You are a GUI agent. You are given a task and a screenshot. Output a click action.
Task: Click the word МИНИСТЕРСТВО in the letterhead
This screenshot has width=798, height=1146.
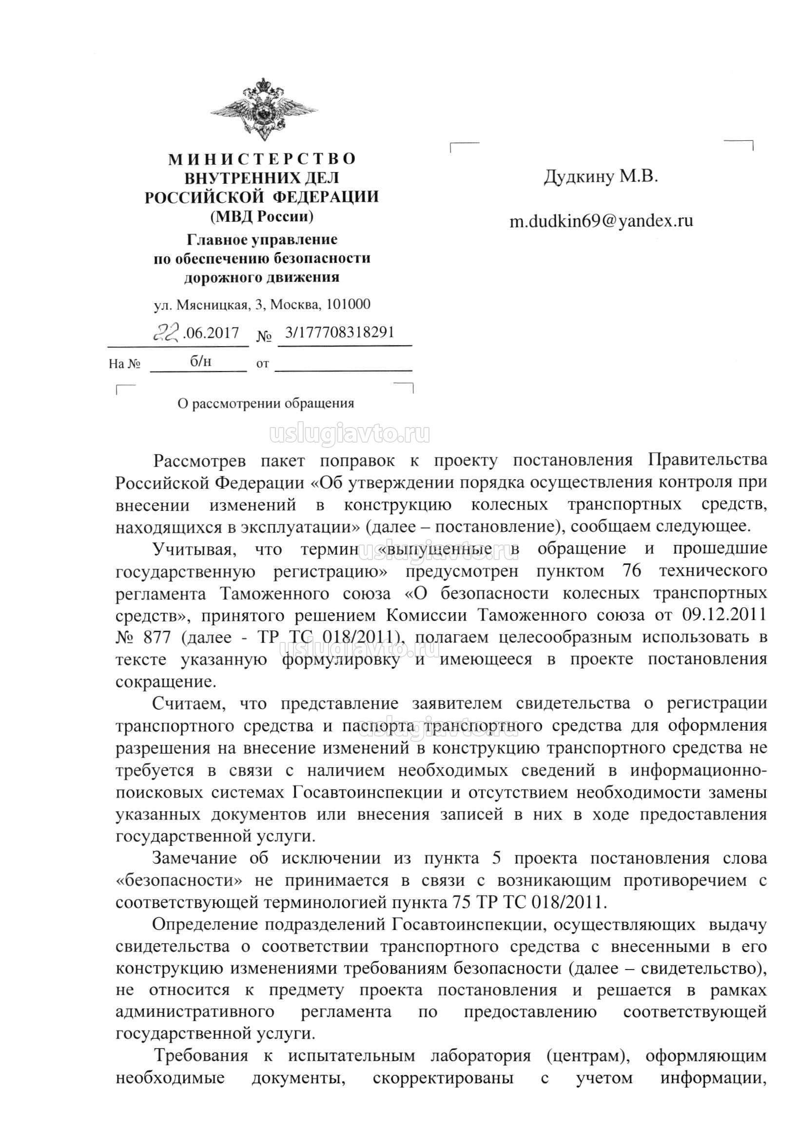point(262,159)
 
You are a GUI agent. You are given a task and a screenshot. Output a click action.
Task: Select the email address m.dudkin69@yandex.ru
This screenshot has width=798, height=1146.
point(601,221)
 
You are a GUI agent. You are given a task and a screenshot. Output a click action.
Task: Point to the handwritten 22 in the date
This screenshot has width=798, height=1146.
point(166,331)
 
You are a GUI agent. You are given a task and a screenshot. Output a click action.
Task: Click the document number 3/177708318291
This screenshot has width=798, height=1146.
point(339,332)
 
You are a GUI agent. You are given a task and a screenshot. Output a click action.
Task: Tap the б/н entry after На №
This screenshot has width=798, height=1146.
point(201,361)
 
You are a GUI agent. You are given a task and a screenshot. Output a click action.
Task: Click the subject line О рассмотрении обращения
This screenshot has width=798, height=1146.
point(266,403)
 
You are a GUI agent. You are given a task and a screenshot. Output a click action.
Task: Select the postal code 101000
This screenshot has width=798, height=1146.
point(348,304)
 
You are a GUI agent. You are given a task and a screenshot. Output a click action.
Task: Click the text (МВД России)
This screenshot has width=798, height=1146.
point(262,216)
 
